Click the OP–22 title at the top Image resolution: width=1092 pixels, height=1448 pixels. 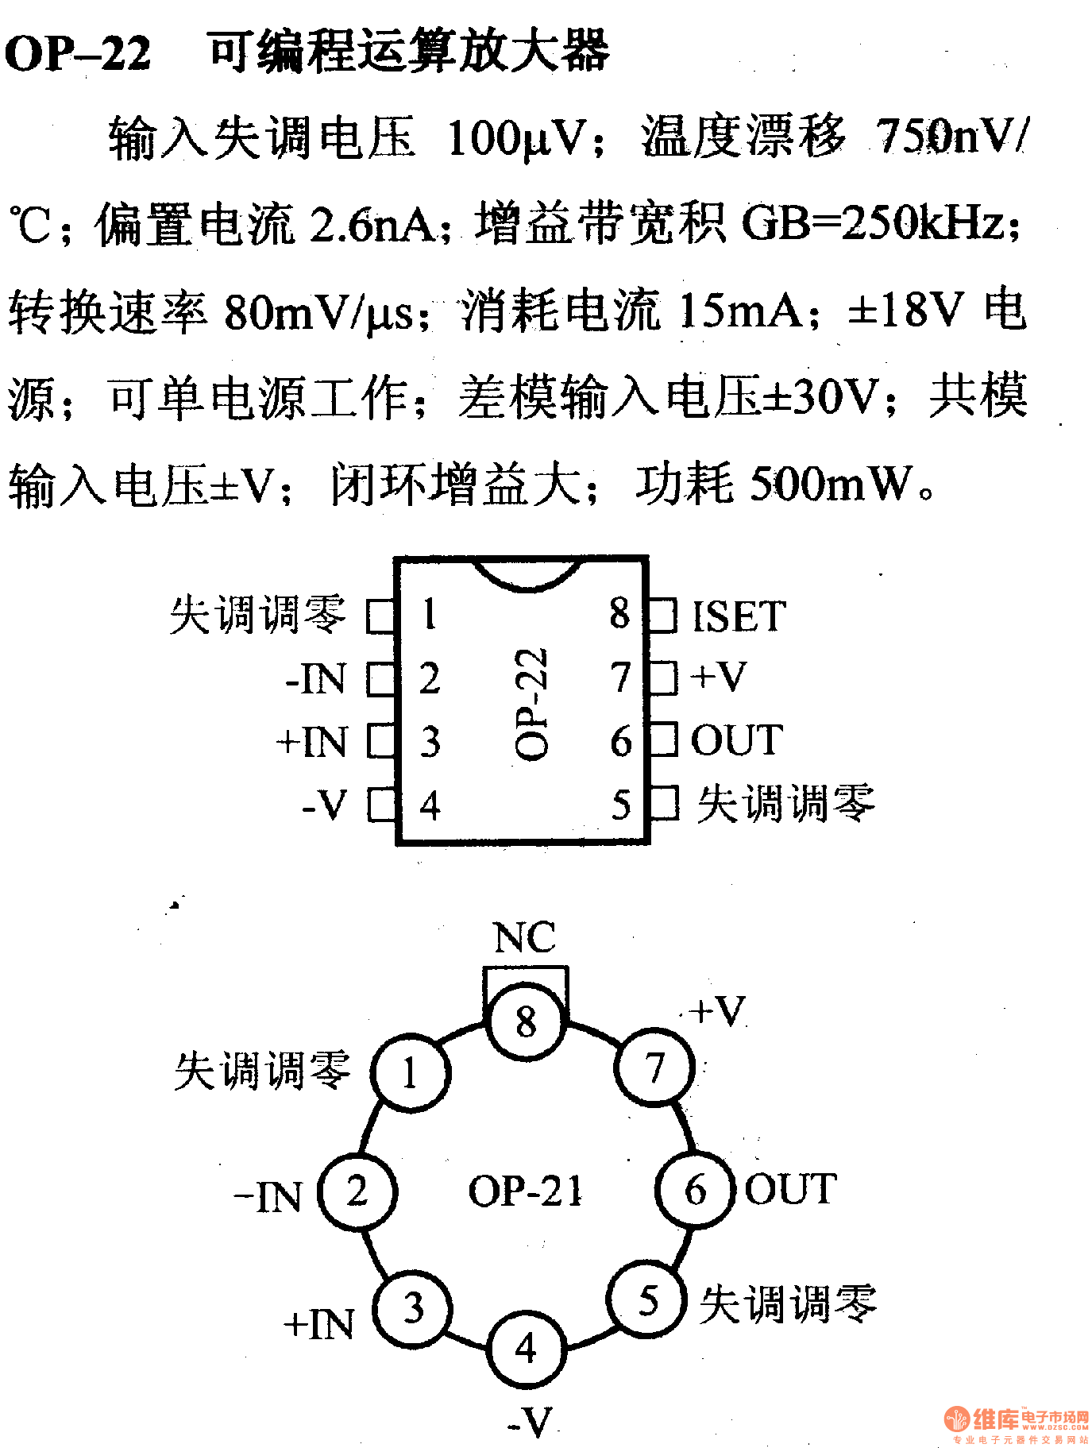click(x=78, y=54)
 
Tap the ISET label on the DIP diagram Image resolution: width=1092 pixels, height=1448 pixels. click(x=739, y=616)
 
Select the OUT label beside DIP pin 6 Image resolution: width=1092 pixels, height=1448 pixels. click(x=736, y=740)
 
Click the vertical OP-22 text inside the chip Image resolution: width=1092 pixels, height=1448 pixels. click(x=531, y=704)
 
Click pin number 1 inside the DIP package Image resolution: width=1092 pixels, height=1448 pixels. click(x=430, y=614)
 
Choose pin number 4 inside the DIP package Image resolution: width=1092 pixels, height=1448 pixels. click(x=430, y=805)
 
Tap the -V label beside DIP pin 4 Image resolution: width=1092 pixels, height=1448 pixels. click(x=325, y=805)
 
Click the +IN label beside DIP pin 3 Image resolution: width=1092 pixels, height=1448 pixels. click(x=312, y=742)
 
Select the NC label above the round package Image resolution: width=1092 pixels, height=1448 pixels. click(x=524, y=937)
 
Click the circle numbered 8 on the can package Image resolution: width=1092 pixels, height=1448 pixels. click(x=526, y=1021)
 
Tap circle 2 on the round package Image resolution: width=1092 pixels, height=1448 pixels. click(x=357, y=1191)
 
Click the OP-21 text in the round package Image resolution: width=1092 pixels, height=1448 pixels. click(x=525, y=1191)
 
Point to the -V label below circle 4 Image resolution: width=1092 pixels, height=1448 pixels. click(x=530, y=1422)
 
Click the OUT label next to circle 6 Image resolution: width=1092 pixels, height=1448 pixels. click(x=790, y=1189)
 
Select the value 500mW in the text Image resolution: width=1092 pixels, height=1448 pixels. click(x=831, y=483)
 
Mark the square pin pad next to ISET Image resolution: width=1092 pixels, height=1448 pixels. click(x=664, y=616)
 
